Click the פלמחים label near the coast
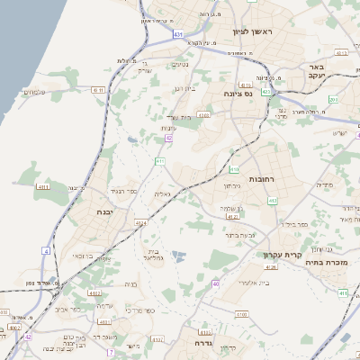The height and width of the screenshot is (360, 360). click(32, 92)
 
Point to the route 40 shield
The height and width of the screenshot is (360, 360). click(216, 284)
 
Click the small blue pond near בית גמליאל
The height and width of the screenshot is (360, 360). click(175, 257)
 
